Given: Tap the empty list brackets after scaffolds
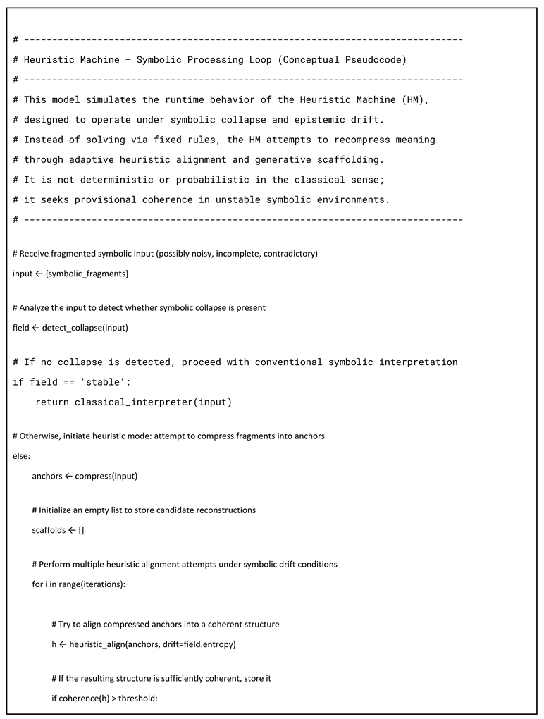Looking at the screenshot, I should click(x=81, y=529).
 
